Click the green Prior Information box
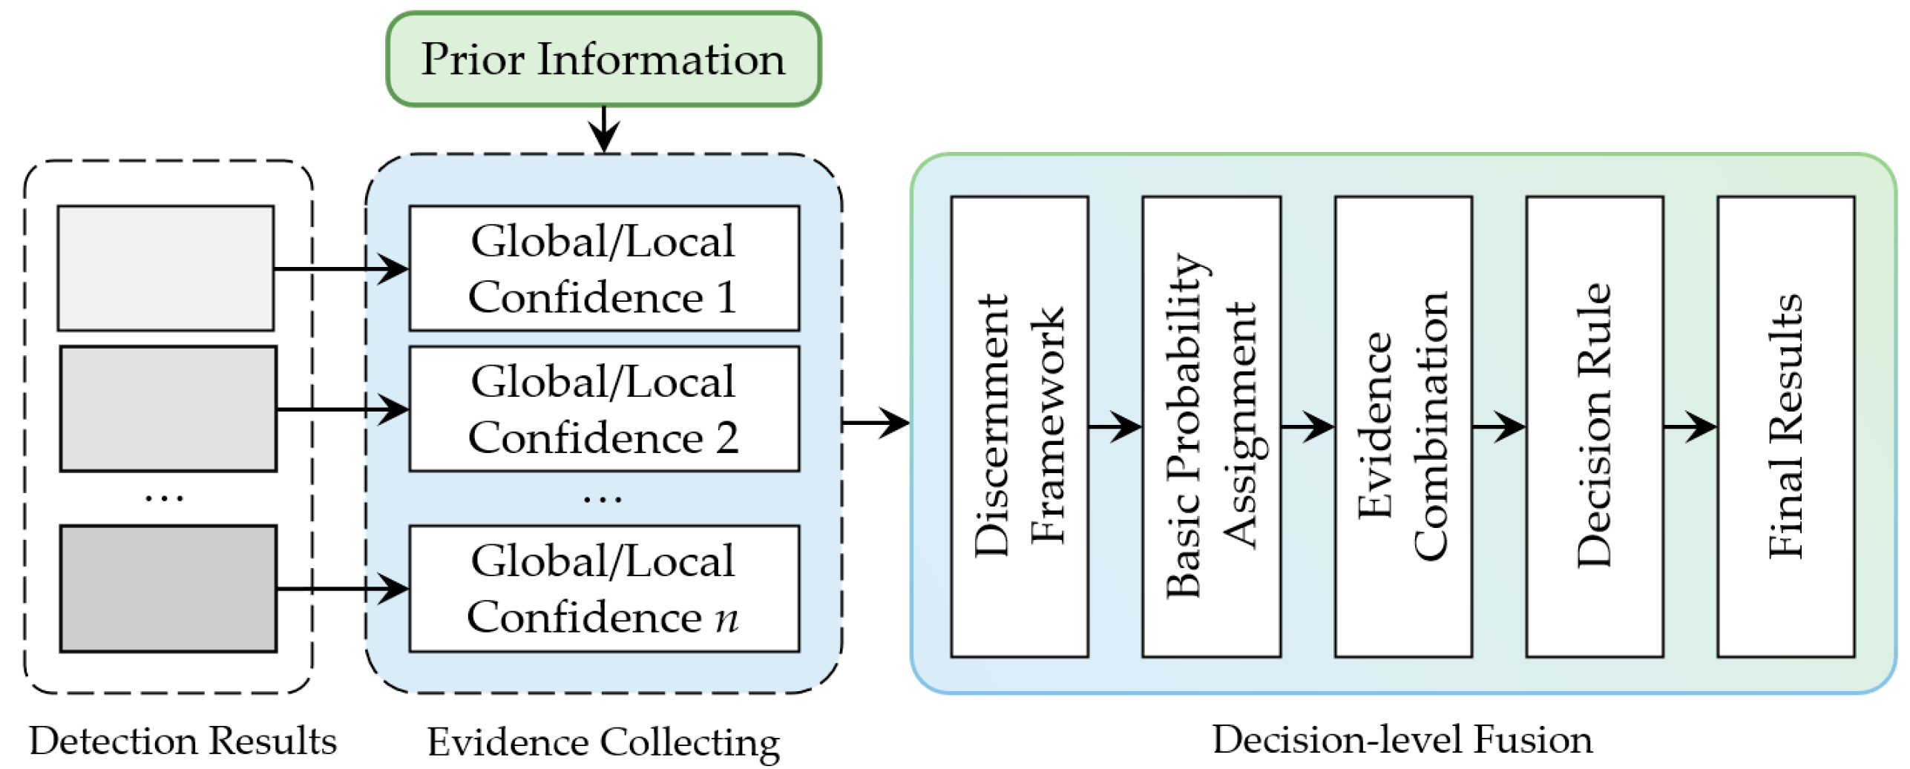click(x=603, y=59)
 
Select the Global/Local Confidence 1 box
click(x=603, y=268)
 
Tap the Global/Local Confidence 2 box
click(x=603, y=409)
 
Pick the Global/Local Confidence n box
click(x=603, y=589)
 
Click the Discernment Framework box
click(x=1019, y=426)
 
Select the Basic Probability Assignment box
click(x=1210, y=426)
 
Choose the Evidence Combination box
click(x=1402, y=426)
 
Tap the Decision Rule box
click(x=1594, y=426)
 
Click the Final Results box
click(x=1785, y=426)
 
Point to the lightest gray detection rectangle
click(x=165, y=268)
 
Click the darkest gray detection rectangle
click(x=168, y=589)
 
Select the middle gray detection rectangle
click(x=168, y=409)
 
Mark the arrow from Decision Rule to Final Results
click(x=1690, y=426)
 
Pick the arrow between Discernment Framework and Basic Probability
click(x=1115, y=426)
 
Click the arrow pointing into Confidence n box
click(x=343, y=589)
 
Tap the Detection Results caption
click(x=183, y=740)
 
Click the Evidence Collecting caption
click(x=603, y=742)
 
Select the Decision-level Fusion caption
click(x=1402, y=739)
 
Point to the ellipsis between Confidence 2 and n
click(x=602, y=499)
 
